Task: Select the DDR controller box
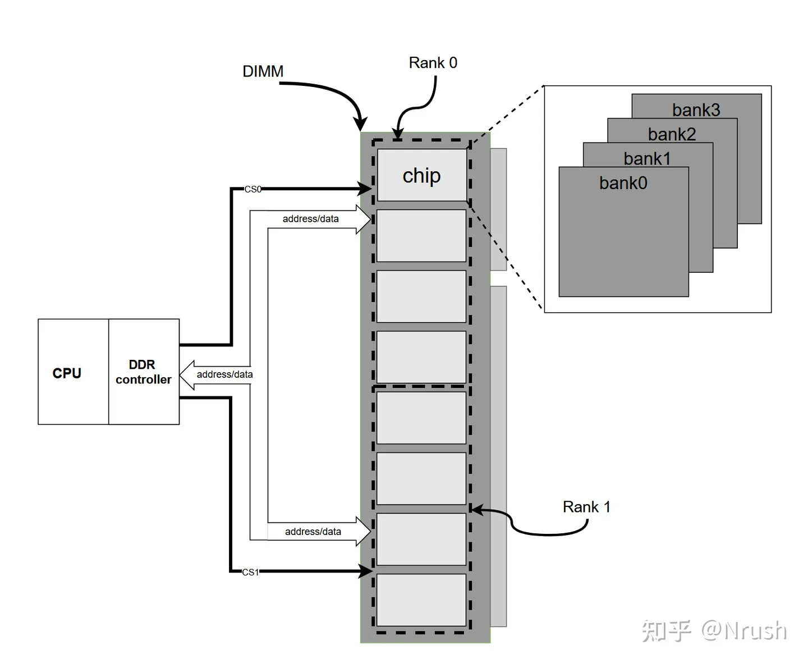click(144, 372)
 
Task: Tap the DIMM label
click(263, 71)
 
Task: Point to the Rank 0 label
click(433, 63)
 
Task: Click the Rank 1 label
click(586, 507)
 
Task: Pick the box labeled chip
click(422, 175)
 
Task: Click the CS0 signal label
click(252, 189)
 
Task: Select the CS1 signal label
click(250, 572)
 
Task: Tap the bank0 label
click(623, 183)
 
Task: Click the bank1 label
click(647, 159)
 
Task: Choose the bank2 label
click(672, 134)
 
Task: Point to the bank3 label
click(696, 110)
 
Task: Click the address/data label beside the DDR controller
click(224, 374)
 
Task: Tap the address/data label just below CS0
click(310, 219)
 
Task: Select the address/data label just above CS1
click(313, 532)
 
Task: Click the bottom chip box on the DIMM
click(421, 600)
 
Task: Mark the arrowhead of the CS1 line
click(366, 571)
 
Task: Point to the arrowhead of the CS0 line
click(366, 189)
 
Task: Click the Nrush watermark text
click(744, 630)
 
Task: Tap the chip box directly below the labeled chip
click(421, 236)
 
